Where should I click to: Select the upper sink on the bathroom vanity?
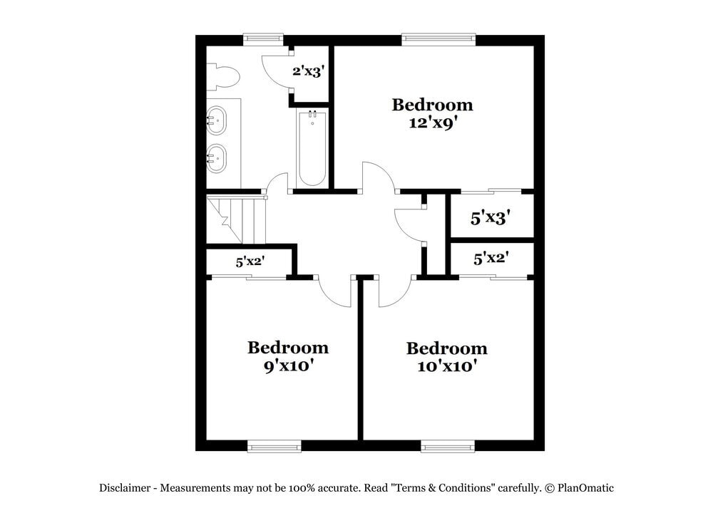click(x=216, y=120)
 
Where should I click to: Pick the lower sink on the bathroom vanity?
click(x=216, y=157)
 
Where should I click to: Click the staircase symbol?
click(x=236, y=221)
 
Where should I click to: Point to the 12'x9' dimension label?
click(x=432, y=123)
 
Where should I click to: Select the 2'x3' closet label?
click(x=309, y=71)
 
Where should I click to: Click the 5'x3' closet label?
click(x=492, y=218)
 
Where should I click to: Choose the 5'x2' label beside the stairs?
click(x=250, y=262)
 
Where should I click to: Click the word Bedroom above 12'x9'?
click(x=432, y=105)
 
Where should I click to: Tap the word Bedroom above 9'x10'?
click(x=288, y=348)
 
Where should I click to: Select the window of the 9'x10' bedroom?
click(x=275, y=446)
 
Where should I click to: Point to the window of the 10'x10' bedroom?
click(x=448, y=446)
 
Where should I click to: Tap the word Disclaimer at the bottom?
click(x=125, y=488)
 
